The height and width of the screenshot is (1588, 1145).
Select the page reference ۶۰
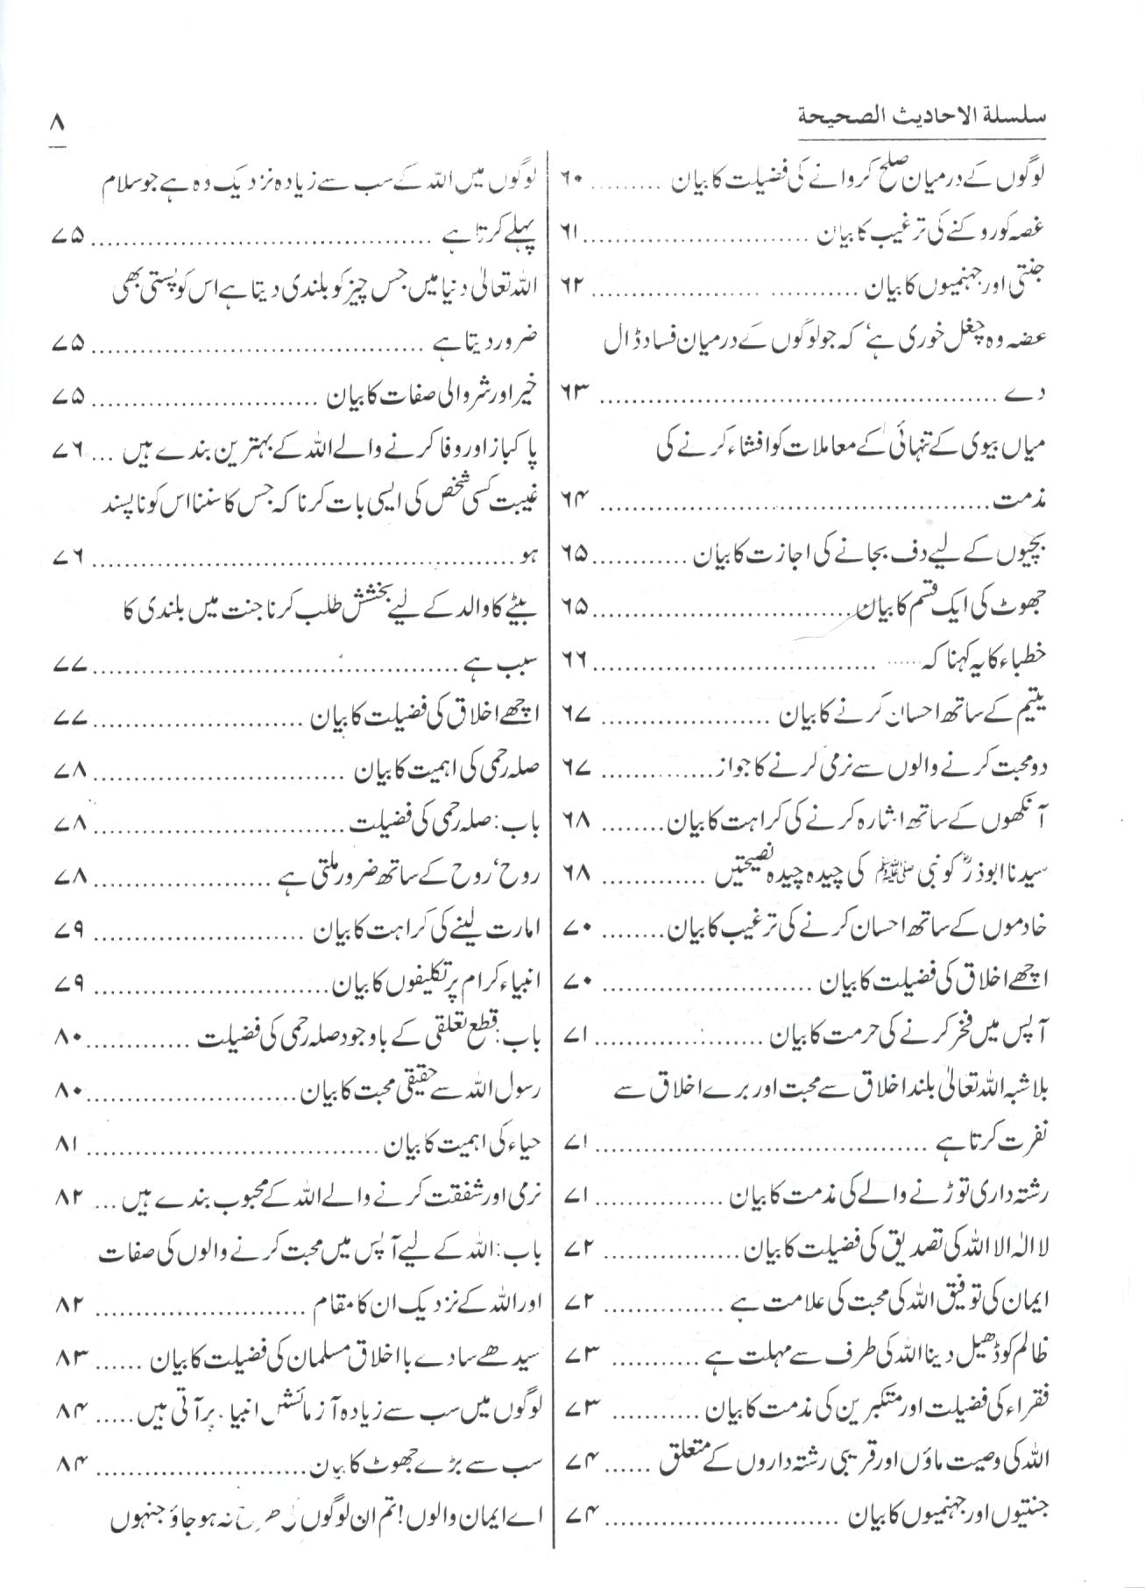[572, 180]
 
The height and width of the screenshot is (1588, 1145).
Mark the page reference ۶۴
[572, 501]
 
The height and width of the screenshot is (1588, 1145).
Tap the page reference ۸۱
[72, 1145]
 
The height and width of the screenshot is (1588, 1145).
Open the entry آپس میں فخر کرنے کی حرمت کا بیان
[908, 1037]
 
